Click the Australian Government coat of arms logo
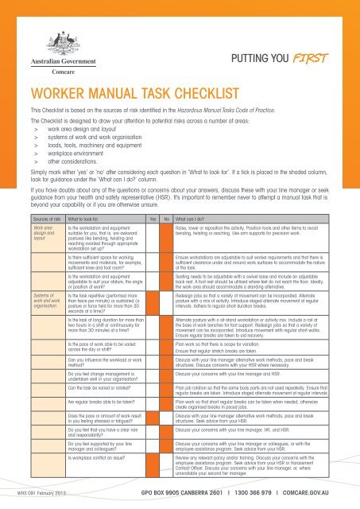50,38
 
